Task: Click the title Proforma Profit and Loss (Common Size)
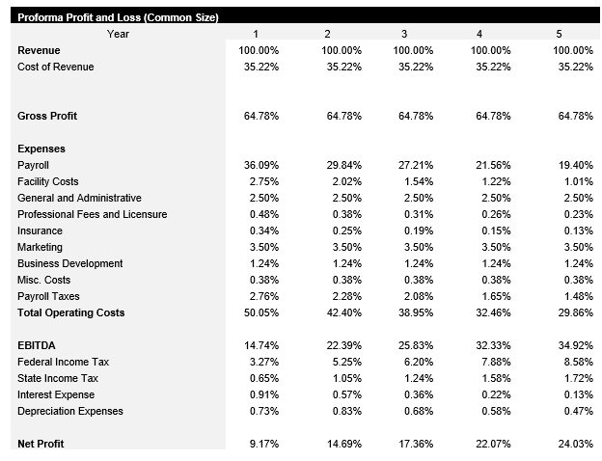[118, 17]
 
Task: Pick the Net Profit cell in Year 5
[575, 444]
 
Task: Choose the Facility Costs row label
[48, 181]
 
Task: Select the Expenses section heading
[41, 149]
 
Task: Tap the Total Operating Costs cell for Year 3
[416, 312]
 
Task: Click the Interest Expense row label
[56, 394]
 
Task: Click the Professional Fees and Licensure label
[93, 214]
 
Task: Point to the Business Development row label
[70, 263]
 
